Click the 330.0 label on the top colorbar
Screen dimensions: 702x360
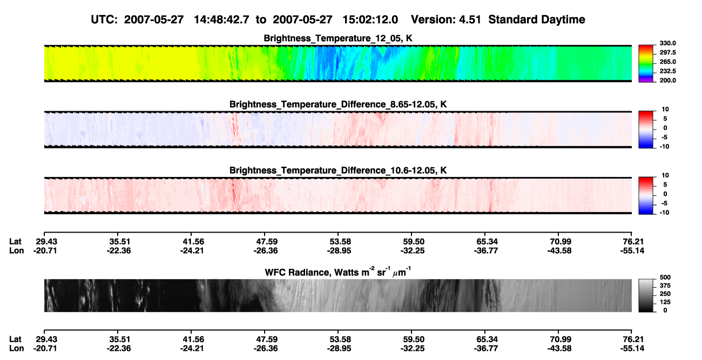pos(667,43)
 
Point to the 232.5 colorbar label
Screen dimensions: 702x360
pos(667,71)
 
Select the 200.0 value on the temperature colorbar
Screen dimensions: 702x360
pos(667,80)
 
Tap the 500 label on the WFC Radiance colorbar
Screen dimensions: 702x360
pos(665,277)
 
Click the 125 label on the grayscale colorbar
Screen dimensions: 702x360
pos(665,302)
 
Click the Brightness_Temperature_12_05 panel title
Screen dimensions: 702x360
pos(338,38)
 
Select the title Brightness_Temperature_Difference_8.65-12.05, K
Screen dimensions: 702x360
pos(338,104)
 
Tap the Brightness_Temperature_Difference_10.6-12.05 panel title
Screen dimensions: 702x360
pos(338,171)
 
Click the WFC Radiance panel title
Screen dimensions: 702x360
pos(338,272)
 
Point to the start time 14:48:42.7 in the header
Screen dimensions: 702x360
pos(221,20)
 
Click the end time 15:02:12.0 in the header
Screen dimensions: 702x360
pos(370,20)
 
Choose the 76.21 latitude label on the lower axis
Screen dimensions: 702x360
pos(632,339)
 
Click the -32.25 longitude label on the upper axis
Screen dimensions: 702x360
pos(412,250)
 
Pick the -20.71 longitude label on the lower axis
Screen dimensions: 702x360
pos(45,349)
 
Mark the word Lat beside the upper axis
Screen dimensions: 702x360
pos(15,242)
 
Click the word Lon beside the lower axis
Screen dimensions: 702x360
pos(16,349)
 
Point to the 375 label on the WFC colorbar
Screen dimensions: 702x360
pos(665,286)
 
